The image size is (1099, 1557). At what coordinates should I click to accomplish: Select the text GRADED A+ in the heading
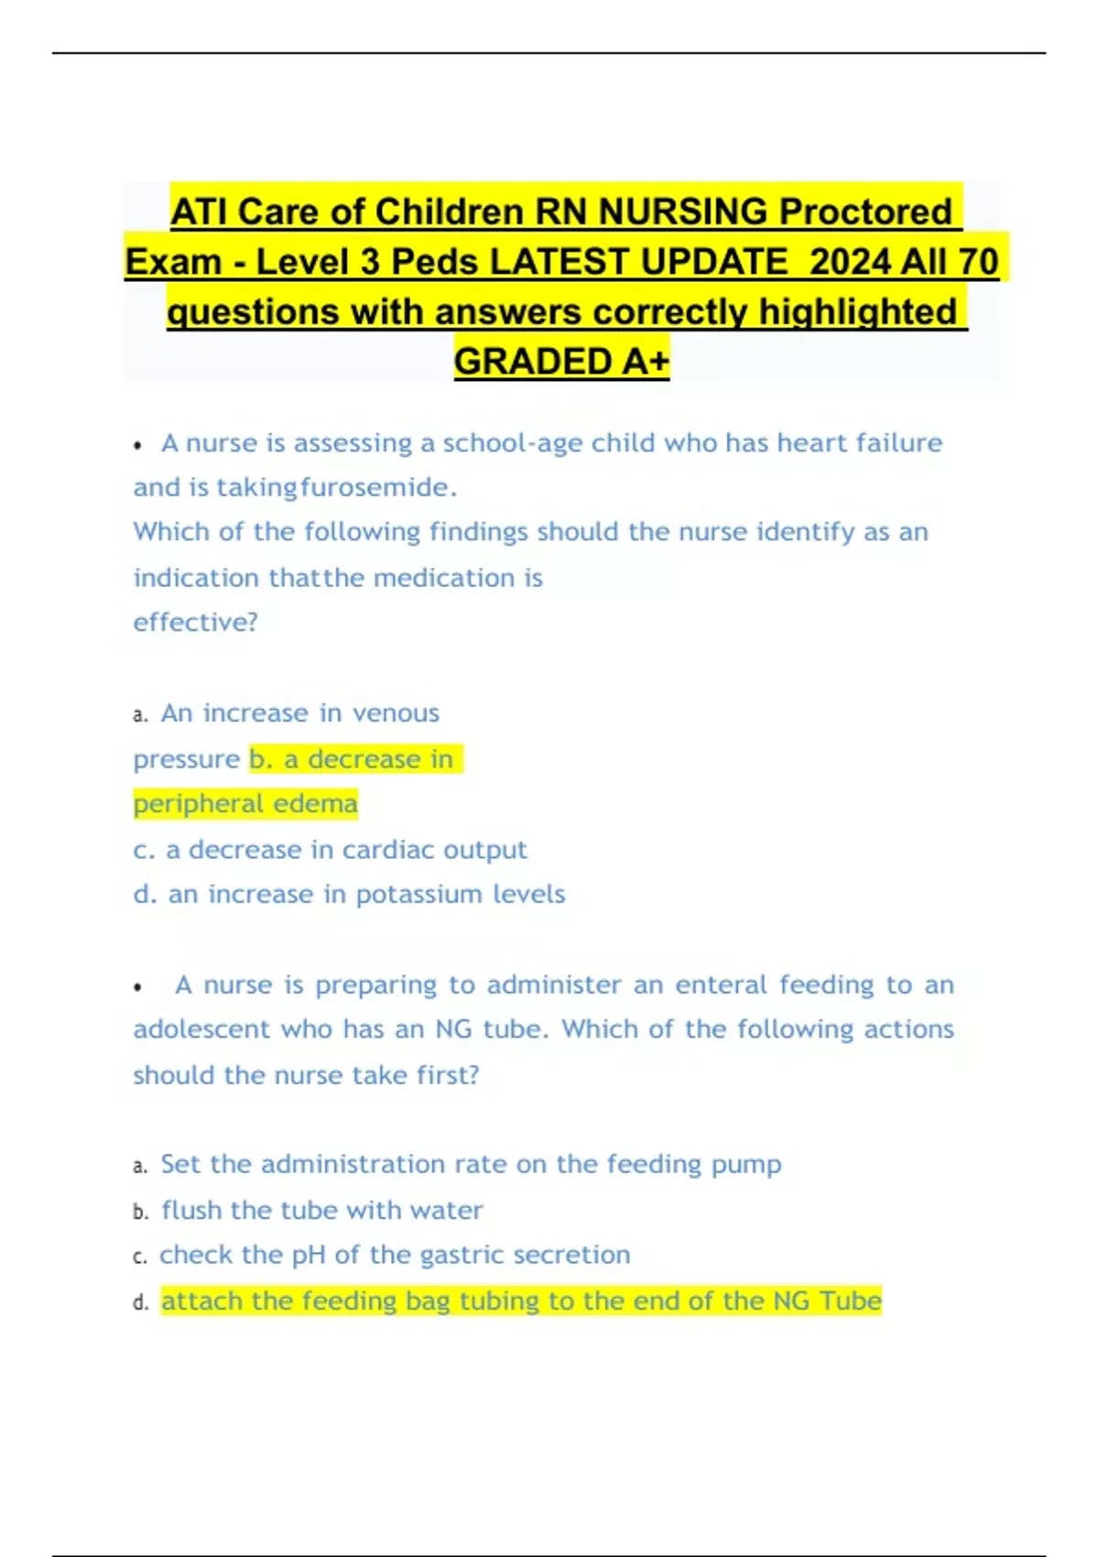pos(561,362)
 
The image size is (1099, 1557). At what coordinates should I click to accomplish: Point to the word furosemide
pos(378,487)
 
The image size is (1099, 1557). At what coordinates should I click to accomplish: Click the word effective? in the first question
pos(195,623)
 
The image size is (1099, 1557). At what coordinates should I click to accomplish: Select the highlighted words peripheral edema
pos(245,804)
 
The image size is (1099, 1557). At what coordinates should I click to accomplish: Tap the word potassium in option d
pos(419,894)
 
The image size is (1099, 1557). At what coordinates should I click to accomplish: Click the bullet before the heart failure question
pos(137,446)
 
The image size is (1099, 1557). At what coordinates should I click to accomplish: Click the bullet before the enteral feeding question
pos(137,987)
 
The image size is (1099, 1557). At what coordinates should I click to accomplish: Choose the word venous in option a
pos(396,713)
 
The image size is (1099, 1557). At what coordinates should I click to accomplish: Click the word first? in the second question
pos(448,1075)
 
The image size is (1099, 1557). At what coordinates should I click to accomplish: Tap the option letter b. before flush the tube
pos(140,1212)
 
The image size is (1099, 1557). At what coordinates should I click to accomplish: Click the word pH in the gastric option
pos(308,1256)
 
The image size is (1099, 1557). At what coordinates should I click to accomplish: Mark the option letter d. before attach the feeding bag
pos(140,1302)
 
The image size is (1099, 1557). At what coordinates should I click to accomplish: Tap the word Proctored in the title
pos(865,212)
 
